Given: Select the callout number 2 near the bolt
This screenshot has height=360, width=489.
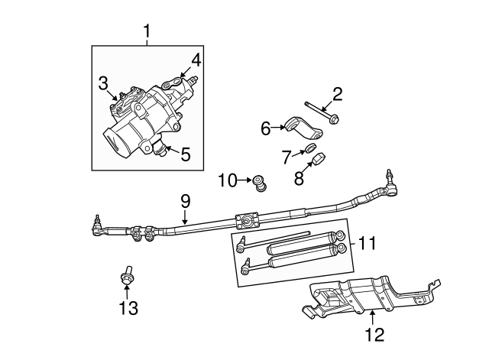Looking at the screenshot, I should click(x=336, y=95).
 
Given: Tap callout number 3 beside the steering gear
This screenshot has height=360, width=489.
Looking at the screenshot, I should click(x=102, y=82).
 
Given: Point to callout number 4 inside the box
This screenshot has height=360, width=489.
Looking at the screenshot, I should click(x=196, y=59).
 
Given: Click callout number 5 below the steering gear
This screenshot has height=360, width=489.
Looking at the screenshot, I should click(x=186, y=154).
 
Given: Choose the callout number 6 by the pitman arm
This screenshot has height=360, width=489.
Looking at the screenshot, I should click(x=266, y=128).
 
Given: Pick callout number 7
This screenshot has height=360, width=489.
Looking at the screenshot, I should click(x=287, y=157).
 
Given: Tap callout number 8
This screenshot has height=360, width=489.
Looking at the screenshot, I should click(x=299, y=180).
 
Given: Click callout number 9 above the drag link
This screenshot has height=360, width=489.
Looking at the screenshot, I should click(x=185, y=202).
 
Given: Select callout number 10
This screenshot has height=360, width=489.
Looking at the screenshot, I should click(x=228, y=181).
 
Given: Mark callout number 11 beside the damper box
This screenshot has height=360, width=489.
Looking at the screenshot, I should click(x=368, y=244).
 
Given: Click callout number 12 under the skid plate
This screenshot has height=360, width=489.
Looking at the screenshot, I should click(x=374, y=334).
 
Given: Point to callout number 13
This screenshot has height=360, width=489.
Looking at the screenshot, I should click(x=129, y=308).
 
